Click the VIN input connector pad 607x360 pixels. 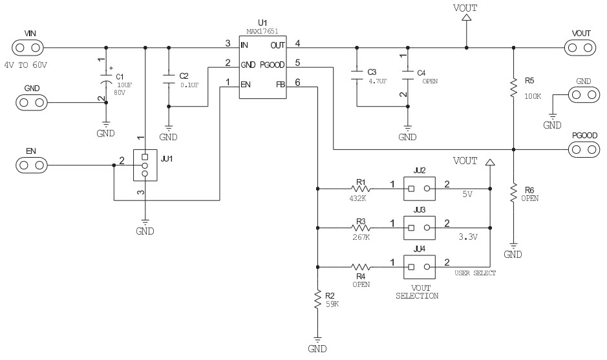(28, 48)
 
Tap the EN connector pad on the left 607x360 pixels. (32, 165)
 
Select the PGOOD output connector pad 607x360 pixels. (584, 149)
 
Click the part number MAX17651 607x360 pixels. (262, 31)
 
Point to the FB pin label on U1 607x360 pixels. (281, 85)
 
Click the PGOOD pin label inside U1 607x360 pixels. (272, 65)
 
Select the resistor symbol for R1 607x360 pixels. (361, 189)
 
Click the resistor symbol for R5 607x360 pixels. (514, 88)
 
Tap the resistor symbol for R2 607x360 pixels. (317, 299)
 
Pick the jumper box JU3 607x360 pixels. (420, 228)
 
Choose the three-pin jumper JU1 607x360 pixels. (145, 165)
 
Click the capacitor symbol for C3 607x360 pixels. (357, 75)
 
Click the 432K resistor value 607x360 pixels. (357, 198)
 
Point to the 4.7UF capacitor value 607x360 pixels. (378, 81)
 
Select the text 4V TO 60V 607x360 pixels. (26, 65)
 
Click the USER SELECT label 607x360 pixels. (475, 273)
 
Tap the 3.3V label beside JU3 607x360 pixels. (468, 237)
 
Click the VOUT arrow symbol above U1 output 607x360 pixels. (467, 17)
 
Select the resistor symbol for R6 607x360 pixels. (514, 193)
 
